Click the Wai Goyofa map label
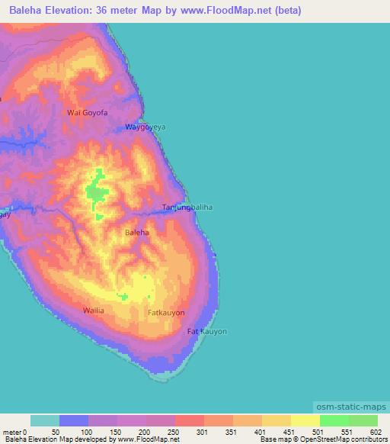click(88, 113)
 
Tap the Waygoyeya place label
click(145, 128)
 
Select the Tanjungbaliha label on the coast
click(187, 208)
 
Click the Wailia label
click(93, 310)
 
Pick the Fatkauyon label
click(166, 313)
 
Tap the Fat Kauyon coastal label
click(207, 332)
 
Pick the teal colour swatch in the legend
click(45, 420)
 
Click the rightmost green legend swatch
click(363, 420)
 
